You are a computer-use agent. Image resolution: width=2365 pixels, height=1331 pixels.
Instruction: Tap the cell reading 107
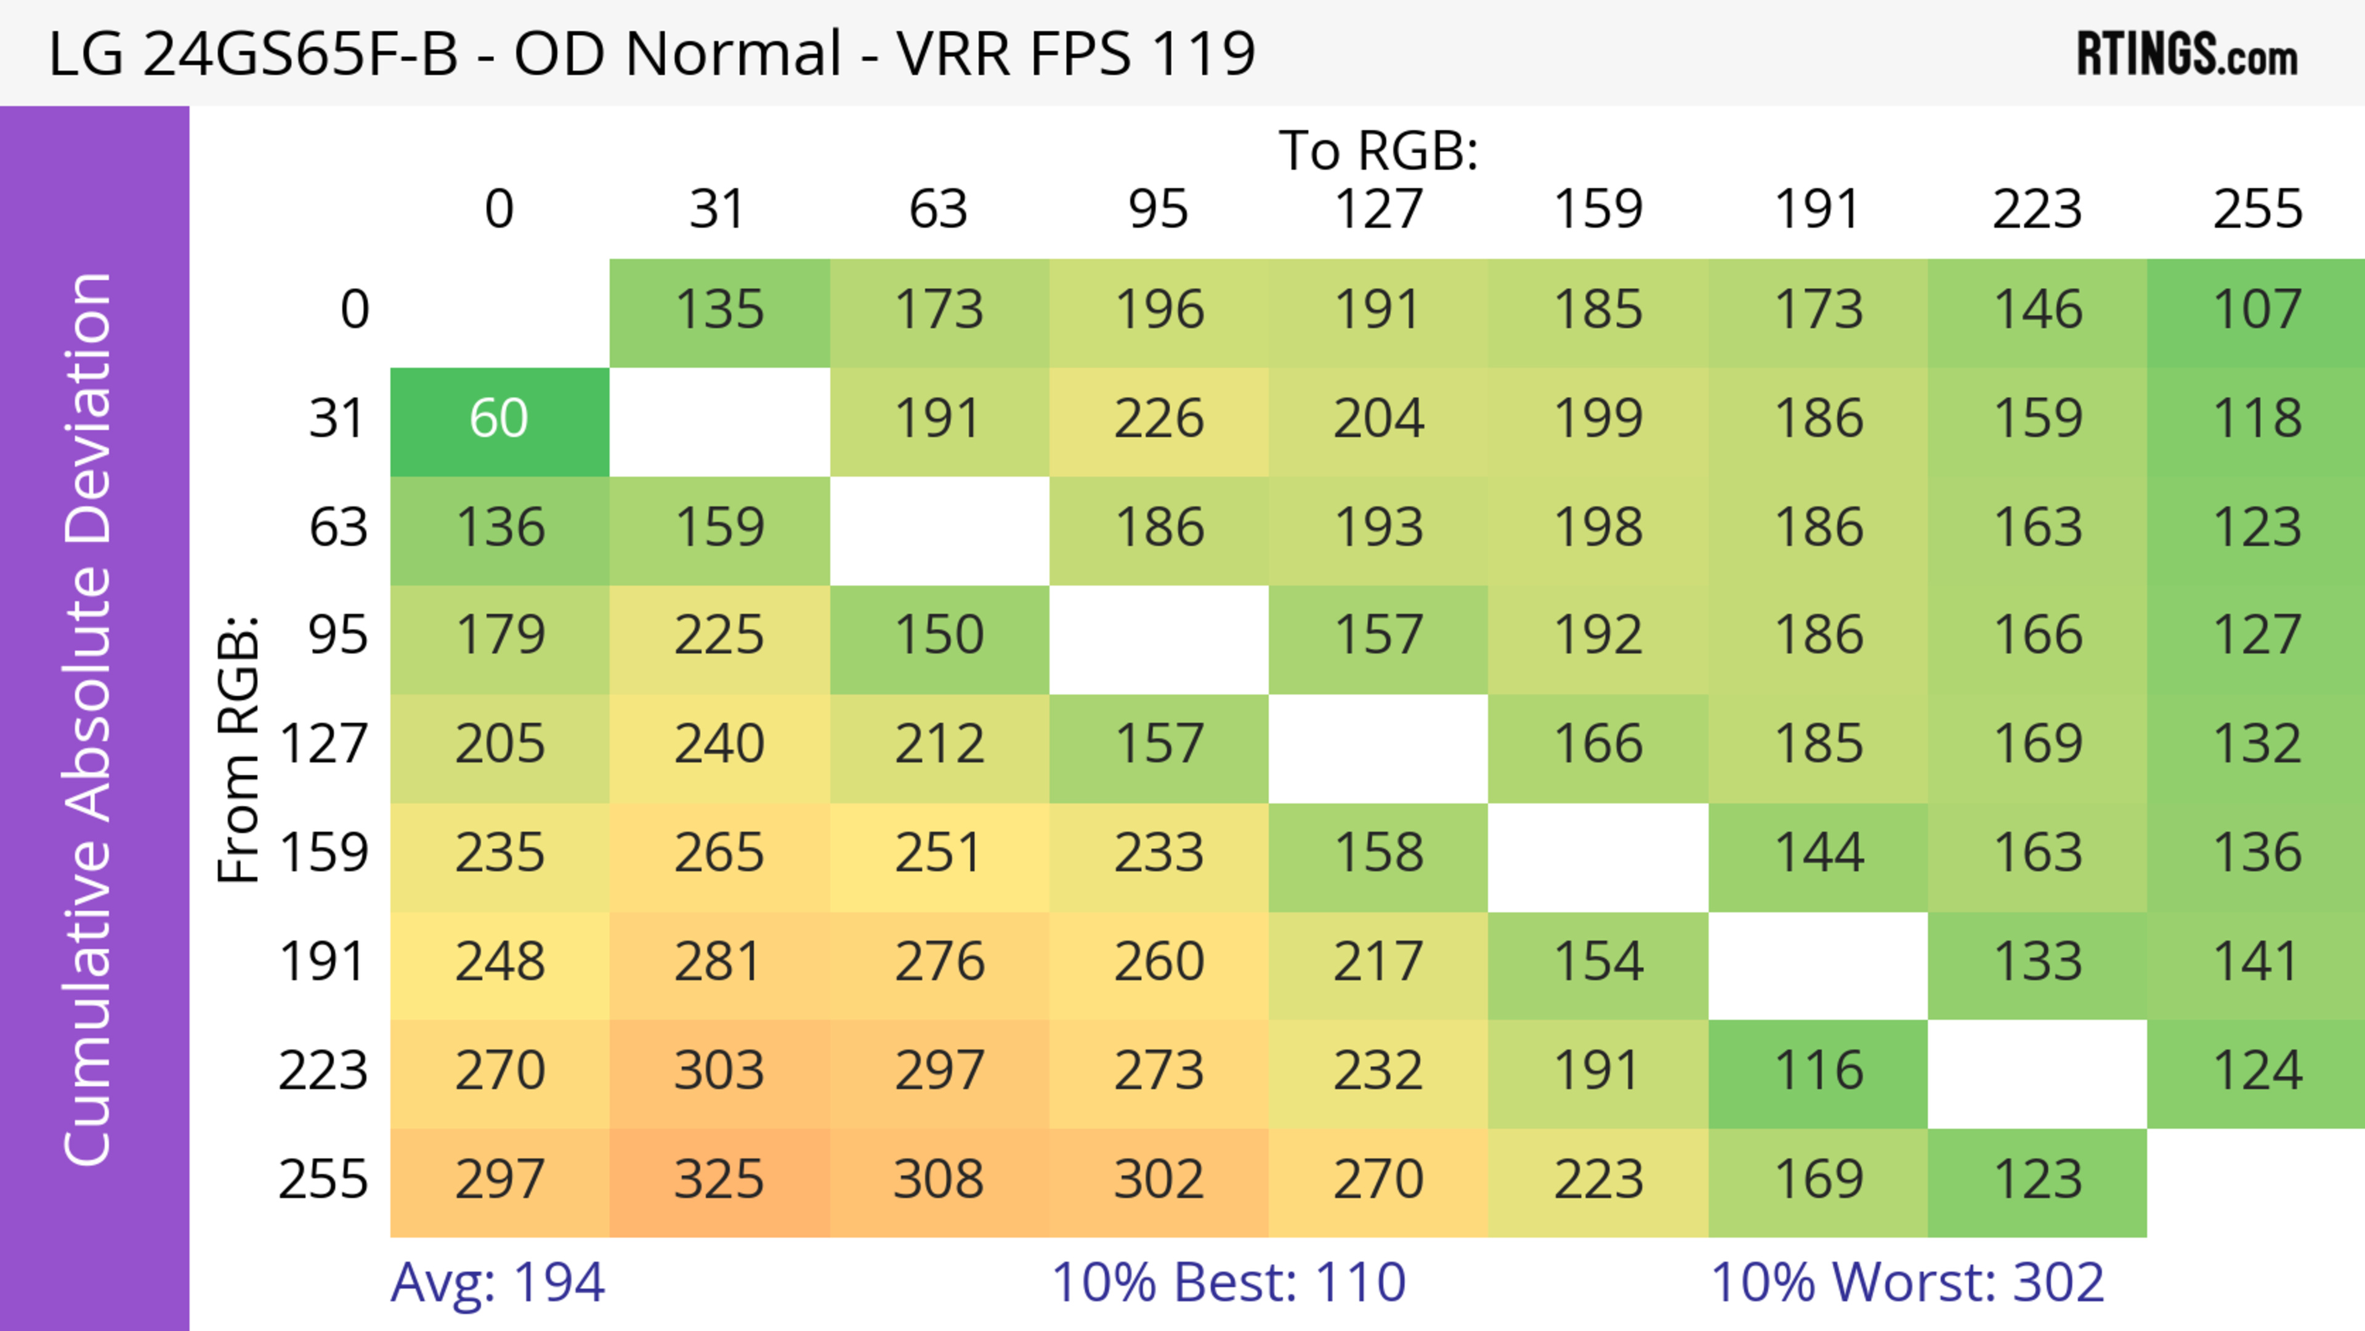tap(2257, 310)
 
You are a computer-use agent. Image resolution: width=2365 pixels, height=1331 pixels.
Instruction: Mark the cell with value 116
tap(1818, 1071)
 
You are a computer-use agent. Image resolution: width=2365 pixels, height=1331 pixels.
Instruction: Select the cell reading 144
tap(1818, 854)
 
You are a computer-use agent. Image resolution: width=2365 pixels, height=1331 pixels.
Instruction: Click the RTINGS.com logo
tap(2187, 55)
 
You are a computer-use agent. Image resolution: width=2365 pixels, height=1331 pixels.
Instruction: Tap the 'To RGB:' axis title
tap(1378, 150)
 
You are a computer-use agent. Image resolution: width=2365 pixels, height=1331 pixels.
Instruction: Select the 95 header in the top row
tap(1158, 209)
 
